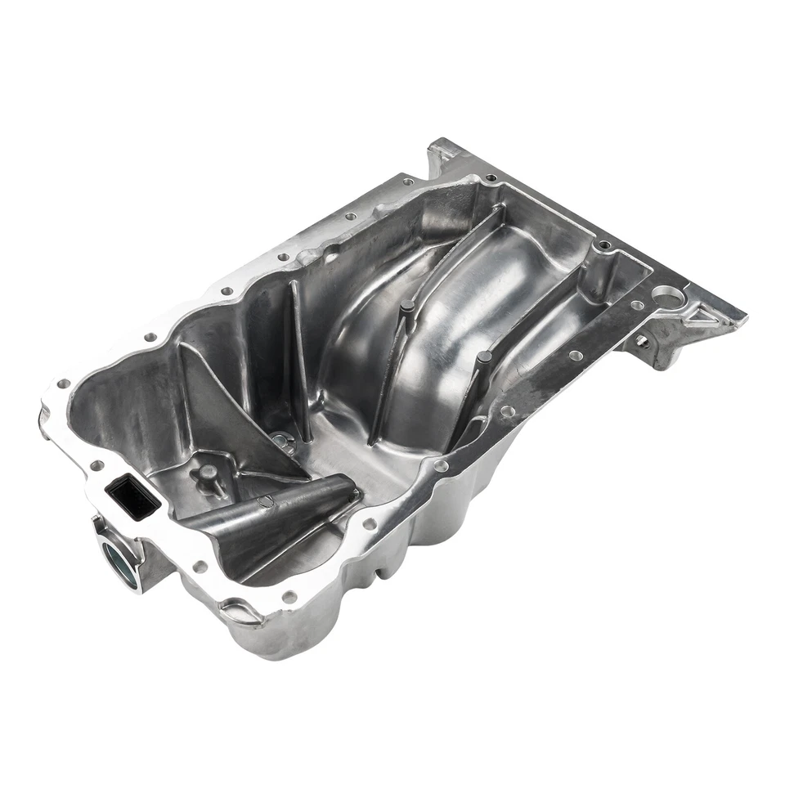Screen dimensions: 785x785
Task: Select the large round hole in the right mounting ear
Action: pyautogui.click(x=669, y=296)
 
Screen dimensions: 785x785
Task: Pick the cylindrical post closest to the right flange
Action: pyautogui.click(x=483, y=358)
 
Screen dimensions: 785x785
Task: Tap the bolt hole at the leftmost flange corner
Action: pyautogui.click(x=62, y=384)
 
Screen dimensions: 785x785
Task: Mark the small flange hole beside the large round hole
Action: pyautogui.click(x=637, y=305)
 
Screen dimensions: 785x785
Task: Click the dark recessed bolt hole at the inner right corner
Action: pyautogui.click(x=603, y=244)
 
